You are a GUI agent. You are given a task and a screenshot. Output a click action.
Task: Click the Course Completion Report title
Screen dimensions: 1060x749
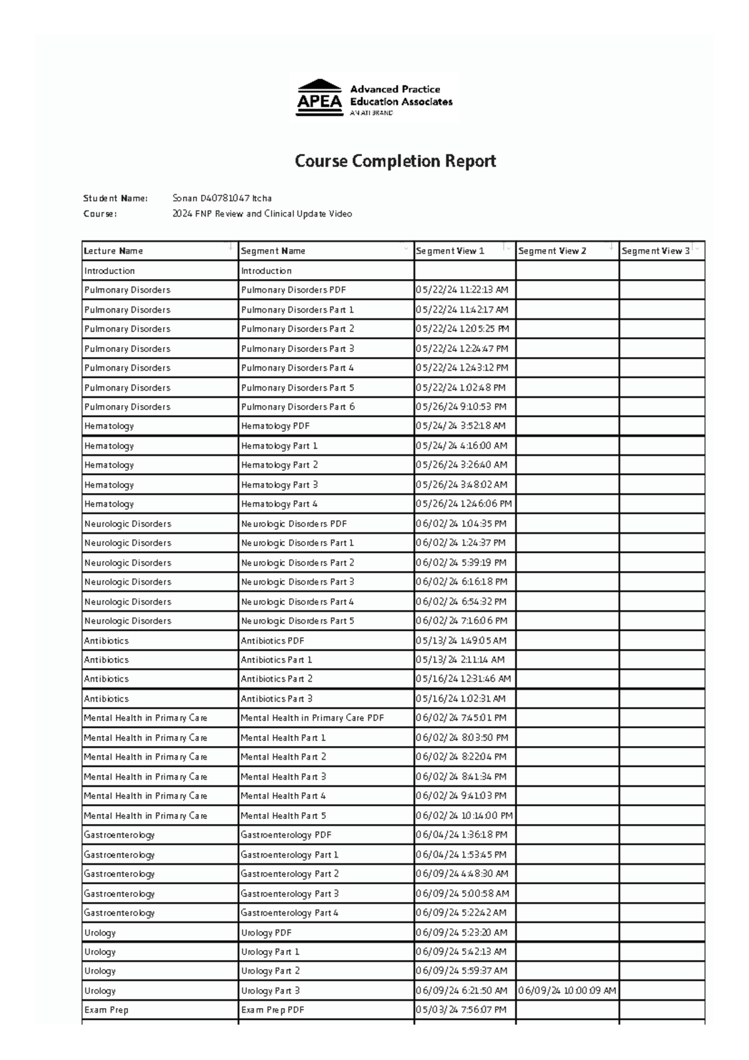click(395, 161)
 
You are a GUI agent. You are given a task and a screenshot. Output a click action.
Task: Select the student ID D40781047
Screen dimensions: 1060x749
click(225, 199)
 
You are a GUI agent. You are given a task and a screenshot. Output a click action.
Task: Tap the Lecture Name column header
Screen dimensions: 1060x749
click(114, 251)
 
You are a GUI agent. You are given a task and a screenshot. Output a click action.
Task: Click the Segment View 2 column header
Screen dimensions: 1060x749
click(552, 251)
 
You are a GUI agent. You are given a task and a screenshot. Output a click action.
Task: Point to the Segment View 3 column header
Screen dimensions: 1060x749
click(655, 251)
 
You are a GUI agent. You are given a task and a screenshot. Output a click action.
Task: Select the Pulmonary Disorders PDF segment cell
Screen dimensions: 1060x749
click(293, 290)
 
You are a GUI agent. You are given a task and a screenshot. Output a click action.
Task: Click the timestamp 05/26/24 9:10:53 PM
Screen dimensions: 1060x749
click(461, 407)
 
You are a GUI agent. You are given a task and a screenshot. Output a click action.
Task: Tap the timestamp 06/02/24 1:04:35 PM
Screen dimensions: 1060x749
click(461, 524)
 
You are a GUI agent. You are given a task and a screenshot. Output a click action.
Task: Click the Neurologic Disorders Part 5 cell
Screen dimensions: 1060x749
click(298, 621)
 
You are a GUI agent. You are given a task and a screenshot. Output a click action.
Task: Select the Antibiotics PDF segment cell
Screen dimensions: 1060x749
click(273, 641)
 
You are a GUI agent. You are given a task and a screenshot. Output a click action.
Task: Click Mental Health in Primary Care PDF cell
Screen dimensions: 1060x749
click(312, 719)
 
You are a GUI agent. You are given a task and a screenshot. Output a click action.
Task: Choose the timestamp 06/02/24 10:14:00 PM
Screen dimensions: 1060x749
click(464, 816)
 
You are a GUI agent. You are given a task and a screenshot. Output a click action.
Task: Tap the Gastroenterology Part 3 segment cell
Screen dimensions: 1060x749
click(290, 894)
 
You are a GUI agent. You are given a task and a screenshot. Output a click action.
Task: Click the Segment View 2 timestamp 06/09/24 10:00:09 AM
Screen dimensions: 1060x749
click(567, 991)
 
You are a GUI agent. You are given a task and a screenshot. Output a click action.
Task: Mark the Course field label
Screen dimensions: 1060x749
click(100, 214)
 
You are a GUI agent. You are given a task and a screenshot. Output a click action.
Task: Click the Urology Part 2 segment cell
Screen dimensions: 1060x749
click(270, 971)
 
